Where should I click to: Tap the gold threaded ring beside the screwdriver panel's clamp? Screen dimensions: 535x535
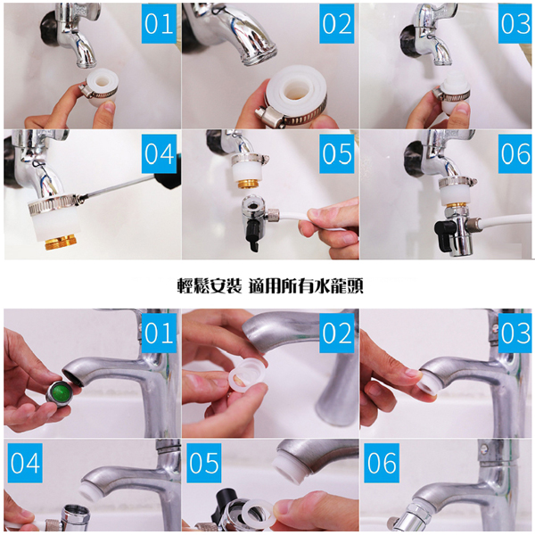tap(62, 242)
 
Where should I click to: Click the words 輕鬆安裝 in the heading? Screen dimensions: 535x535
tap(210, 286)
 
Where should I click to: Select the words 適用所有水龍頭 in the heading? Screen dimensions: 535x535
tap(306, 286)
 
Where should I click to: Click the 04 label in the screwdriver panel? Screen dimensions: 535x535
tap(159, 154)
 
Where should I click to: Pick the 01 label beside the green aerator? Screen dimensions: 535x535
tap(159, 333)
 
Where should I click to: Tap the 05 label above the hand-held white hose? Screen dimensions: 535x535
tap(337, 154)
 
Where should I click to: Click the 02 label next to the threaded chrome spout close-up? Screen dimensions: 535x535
tap(337, 23)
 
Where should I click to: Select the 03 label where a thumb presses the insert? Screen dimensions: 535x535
tap(514, 333)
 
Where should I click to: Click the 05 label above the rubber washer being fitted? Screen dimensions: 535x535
tap(204, 463)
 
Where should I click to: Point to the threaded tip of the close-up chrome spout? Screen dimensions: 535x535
tap(259, 54)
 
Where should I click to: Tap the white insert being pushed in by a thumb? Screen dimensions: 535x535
tap(429, 384)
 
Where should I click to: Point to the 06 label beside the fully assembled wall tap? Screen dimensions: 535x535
tap(514, 154)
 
